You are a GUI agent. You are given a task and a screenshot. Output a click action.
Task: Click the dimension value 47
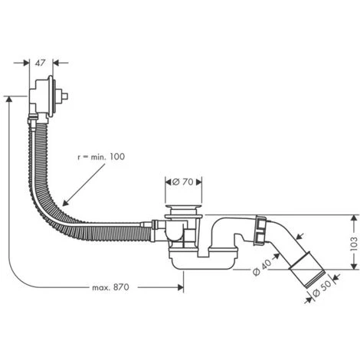coord(42,63)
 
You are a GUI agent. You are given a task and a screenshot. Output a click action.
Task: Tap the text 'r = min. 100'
coord(101,156)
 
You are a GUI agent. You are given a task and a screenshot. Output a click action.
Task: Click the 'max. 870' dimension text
coord(110,287)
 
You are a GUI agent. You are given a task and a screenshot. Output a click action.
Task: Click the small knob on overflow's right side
coord(67,98)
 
